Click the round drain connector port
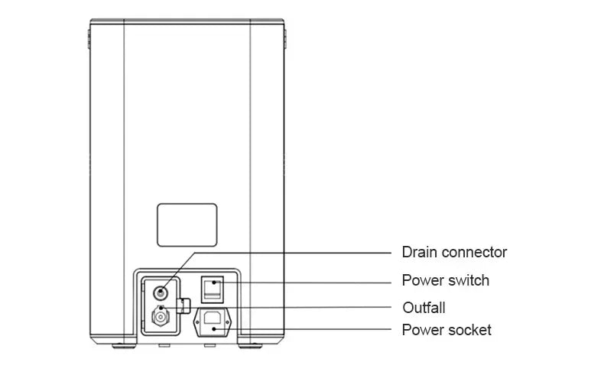click(161, 291)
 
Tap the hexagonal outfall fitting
click(161, 315)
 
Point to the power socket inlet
click(214, 321)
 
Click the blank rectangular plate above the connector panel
click(187, 224)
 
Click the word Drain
click(420, 253)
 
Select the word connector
click(475, 253)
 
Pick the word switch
click(469, 280)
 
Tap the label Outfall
click(424, 308)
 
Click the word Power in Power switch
click(423, 280)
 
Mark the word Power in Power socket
click(423, 331)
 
